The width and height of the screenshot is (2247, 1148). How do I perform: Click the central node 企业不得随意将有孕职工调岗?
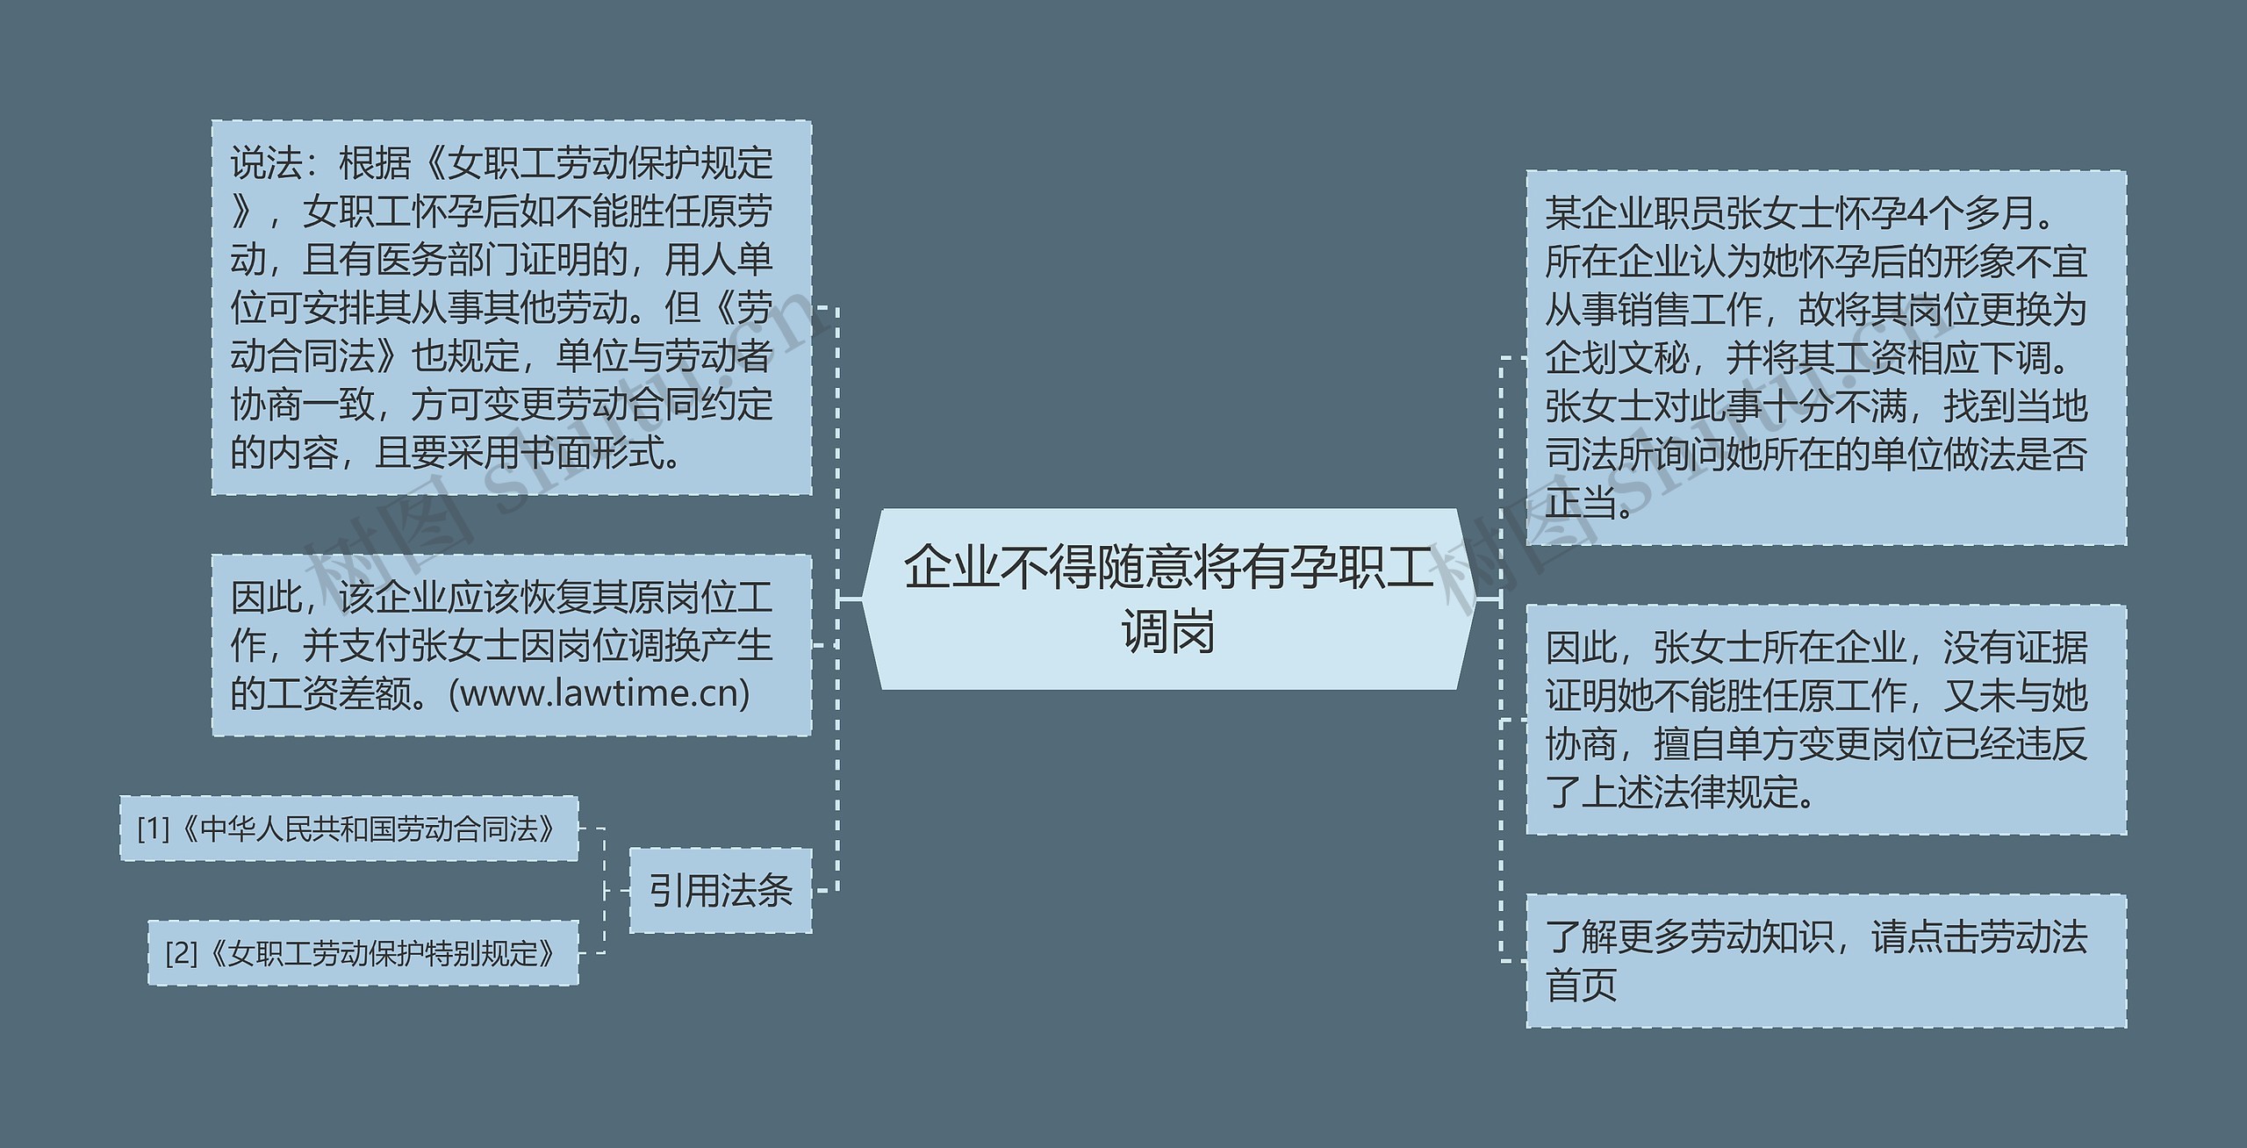(1168, 599)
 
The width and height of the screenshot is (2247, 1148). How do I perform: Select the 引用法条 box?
(720, 890)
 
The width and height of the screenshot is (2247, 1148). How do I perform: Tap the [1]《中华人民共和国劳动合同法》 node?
(348, 829)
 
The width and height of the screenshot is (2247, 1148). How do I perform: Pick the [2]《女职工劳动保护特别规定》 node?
(363, 952)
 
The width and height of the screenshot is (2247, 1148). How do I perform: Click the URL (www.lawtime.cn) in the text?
(599, 693)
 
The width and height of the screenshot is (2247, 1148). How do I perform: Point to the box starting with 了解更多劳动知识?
(1826, 960)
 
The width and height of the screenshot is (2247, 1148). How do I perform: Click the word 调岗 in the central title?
(1168, 631)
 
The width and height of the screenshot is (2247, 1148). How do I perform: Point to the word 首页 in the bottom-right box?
(1581, 985)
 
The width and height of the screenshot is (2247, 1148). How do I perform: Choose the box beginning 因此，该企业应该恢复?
(511, 645)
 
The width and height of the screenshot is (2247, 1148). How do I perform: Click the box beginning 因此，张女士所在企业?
(1826, 720)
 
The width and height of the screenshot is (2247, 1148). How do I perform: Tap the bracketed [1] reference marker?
(154, 829)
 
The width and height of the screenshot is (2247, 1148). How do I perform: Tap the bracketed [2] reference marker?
(182, 952)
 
